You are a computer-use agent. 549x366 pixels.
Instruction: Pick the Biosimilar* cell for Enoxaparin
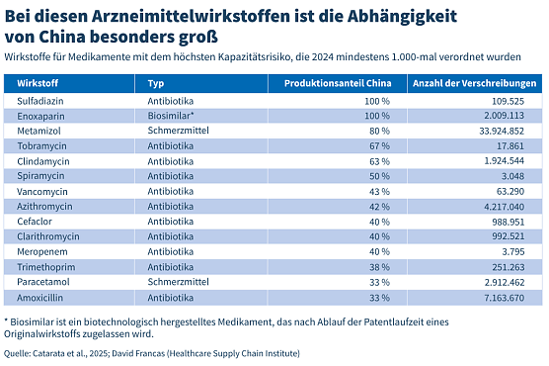click(x=169, y=116)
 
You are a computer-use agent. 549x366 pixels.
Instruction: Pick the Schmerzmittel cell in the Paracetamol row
click(x=173, y=281)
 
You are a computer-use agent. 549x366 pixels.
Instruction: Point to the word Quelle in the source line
click(x=18, y=352)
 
